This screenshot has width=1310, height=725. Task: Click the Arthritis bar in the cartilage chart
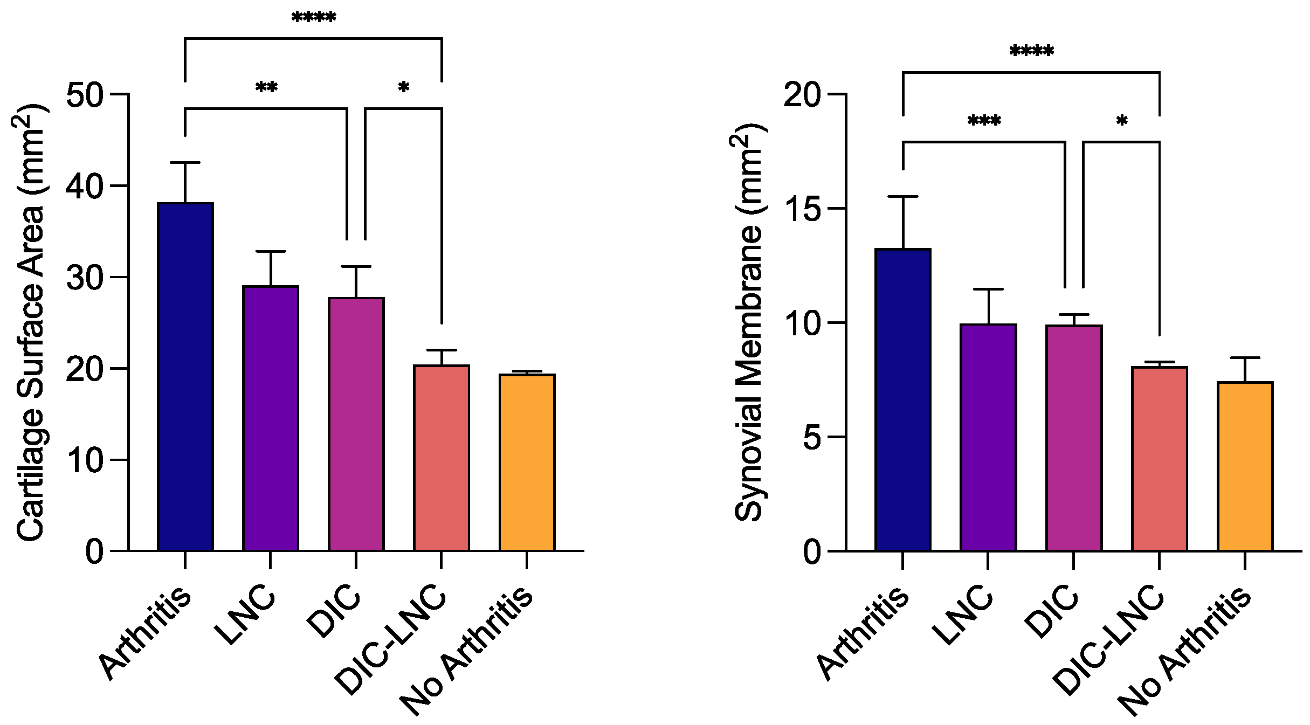pyautogui.click(x=185, y=377)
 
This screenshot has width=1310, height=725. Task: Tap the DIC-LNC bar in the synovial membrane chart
pyautogui.click(x=1159, y=459)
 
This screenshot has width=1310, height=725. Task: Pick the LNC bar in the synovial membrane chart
pyautogui.click(x=988, y=437)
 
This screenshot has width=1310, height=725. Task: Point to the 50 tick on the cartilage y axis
pyautogui.click(x=120, y=94)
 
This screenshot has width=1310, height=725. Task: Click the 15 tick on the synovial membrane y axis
pyautogui.click(x=837, y=209)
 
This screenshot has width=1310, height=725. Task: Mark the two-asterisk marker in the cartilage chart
pyautogui.click(x=266, y=88)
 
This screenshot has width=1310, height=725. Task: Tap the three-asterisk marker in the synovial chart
pyautogui.click(x=984, y=121)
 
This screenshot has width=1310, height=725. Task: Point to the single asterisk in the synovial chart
pyautogui.click(x=1121, y=121)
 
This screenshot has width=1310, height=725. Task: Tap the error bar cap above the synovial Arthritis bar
pyautogui.click(x=903, y=197)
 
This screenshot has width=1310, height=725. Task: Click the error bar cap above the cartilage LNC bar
pyautogui.click(x=270, y=252)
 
